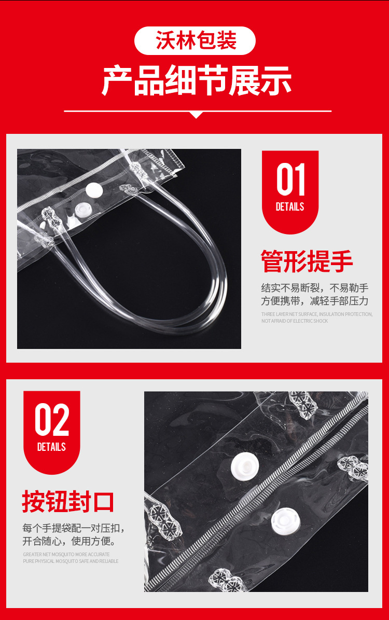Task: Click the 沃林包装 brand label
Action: point(196,41)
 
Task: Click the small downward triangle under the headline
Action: point(196,115)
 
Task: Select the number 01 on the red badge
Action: point(290,180)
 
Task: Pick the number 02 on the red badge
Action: point(52,420)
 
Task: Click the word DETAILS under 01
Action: point(290,206)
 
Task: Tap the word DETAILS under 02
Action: point(51,447)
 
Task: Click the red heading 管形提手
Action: point(307,261)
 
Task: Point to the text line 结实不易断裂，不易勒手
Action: point(315,288)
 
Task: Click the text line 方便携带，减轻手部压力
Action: point(315,301)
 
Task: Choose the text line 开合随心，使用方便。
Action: point(69,542)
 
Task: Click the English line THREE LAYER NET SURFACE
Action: point(316,314)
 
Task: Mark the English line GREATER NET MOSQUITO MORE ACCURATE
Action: point(66,555)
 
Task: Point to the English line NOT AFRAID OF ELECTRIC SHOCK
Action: point(295,321)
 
